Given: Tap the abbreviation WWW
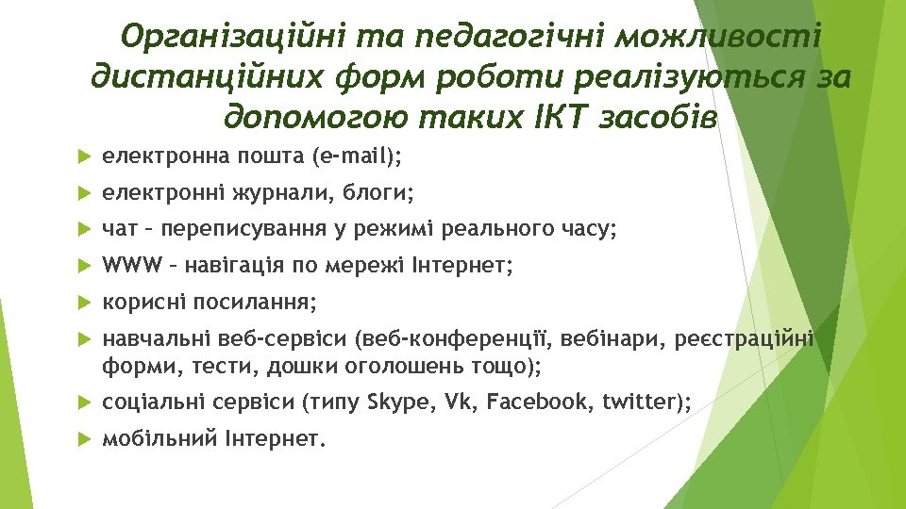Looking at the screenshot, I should [127, 267].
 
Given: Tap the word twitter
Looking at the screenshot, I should [637, 403].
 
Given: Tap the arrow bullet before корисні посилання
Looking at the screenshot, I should [83, 304].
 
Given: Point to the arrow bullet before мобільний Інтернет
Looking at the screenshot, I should [83, 438].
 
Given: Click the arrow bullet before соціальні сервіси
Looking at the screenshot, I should [83, 403].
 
